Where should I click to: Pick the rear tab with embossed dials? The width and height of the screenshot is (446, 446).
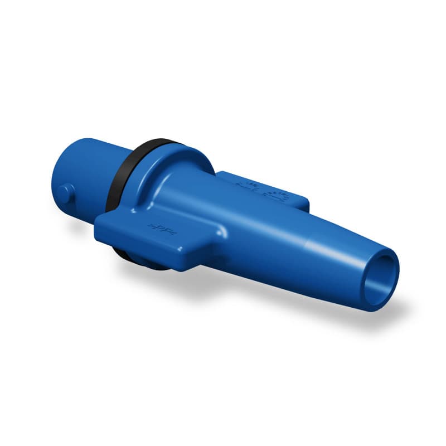click(262, 190)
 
